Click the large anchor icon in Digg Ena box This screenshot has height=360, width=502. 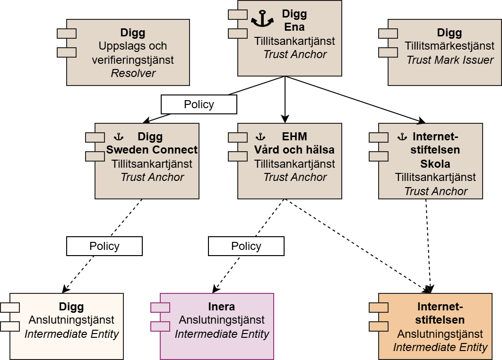coord(262,19)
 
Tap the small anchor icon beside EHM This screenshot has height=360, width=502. coord(260,137)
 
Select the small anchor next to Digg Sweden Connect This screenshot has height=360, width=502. coord(119,137)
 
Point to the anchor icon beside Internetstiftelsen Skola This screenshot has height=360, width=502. coord(402,137)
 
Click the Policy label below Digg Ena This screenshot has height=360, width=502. coord(199,104)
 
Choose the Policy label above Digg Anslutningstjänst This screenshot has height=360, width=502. coord(104,246)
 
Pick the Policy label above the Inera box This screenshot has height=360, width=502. coord(246,246)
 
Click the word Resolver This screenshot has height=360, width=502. coord(133,73)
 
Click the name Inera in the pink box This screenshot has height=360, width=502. coord(222,306)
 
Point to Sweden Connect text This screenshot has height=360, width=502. coord(152,150)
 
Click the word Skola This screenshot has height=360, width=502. coord(435,164)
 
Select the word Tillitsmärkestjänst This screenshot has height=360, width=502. coord(450,46)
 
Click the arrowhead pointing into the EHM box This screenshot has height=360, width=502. coord(285,120)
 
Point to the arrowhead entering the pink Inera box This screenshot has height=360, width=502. coord(216,289)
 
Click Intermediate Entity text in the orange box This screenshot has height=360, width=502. coord(440,348)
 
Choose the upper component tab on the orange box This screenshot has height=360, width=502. coord(378,308)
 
